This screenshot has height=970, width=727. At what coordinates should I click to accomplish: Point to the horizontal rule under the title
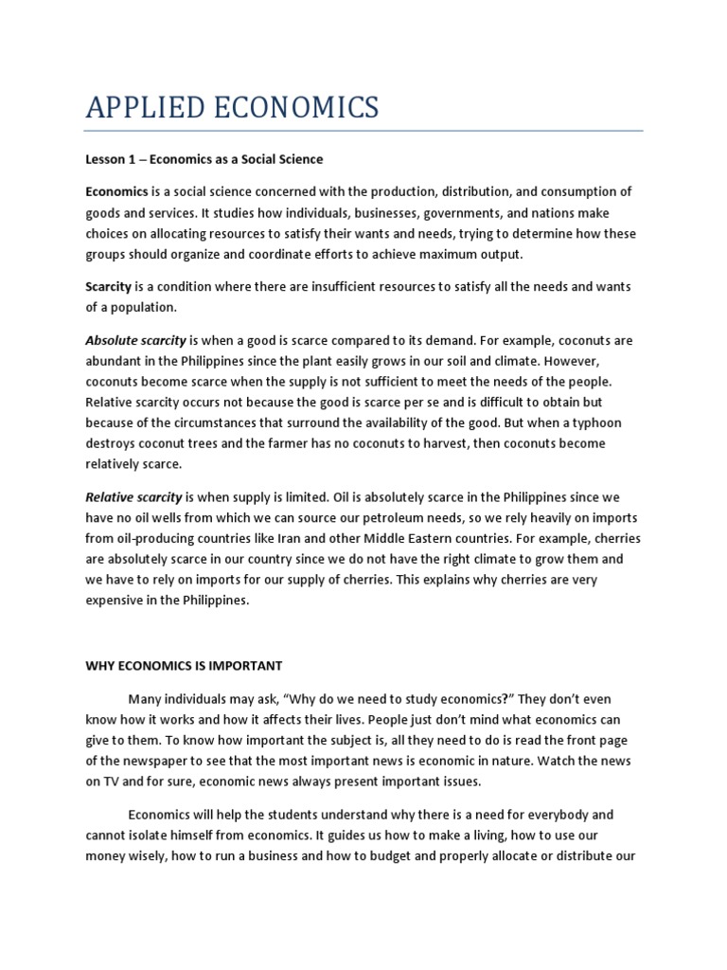(363, 131)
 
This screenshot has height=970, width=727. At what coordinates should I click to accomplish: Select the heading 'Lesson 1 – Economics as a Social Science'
(204, 159)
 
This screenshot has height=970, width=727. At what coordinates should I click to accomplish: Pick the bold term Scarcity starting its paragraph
(109, 286)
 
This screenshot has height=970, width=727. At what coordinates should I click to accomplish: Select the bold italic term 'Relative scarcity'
(134, 497)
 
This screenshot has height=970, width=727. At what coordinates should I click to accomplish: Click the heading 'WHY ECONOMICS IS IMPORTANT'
(184, 666)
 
